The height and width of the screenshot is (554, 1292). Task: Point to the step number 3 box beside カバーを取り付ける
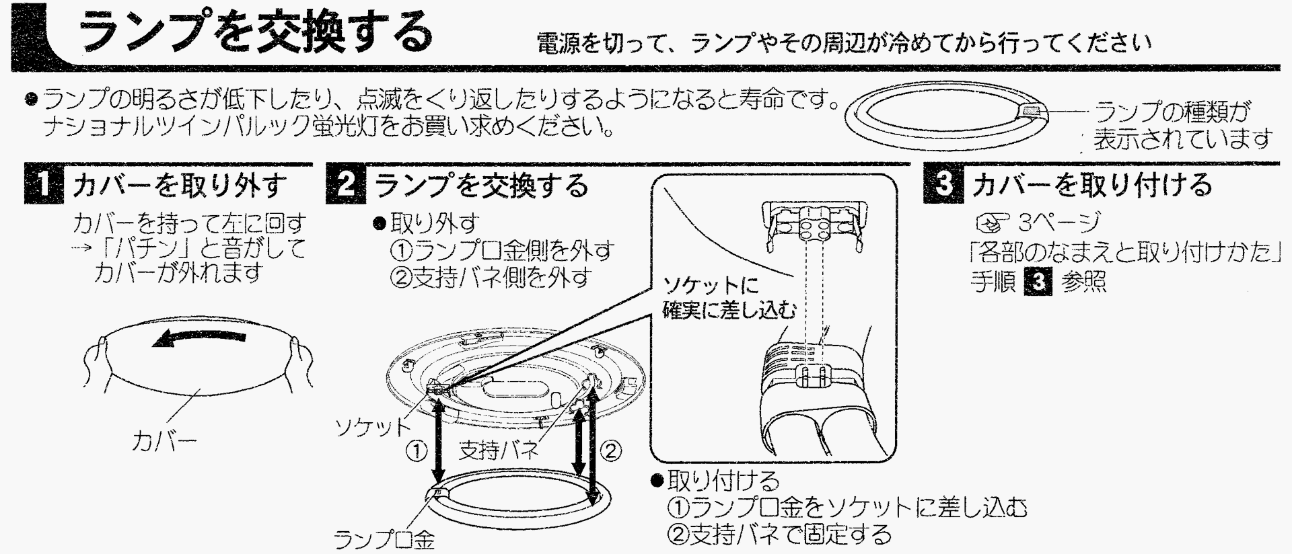point(944,184)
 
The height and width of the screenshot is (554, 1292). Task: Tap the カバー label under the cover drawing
point(164,442)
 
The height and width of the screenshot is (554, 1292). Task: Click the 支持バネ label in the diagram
point(499,449)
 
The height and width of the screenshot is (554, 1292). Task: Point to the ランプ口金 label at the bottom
point(384,539)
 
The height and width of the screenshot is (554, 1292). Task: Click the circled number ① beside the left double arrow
point(417,450)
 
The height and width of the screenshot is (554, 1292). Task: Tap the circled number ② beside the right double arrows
point(610,450)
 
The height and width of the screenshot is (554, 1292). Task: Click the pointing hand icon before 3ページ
point(992,221)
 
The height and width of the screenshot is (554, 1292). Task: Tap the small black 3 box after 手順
point(1037,281)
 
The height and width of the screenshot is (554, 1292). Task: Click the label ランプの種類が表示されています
point(1182,125)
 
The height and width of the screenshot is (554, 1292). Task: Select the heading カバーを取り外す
point(179,185)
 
